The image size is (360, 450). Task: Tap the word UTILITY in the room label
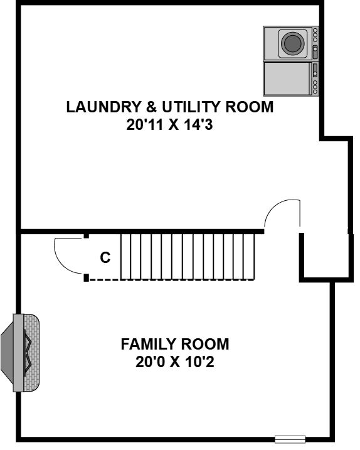click(x=192, y=107)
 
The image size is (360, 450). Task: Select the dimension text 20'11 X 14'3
click(x=169, y=125)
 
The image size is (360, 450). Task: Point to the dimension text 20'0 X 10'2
click(x=175, y=362)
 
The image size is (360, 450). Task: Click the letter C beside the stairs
click(x=105, y=257)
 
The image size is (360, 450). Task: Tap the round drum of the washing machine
click(x=293, y=43)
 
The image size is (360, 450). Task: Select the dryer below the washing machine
click(x=291, y=78)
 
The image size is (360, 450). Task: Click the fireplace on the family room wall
click(x=20, y=353)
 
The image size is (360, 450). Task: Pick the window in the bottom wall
click(x=290, y=439)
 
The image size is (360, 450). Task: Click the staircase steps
click(x=188, y=256)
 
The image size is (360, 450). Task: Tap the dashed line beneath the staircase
click(x=172, y=280)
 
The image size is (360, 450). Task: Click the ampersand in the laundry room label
click(x=152, y=107)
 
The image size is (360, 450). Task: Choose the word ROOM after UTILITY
click(x=250, y=107)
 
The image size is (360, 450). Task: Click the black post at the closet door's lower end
click(x=86, y=277)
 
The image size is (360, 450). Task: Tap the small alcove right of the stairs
click(x=326, y=255)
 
